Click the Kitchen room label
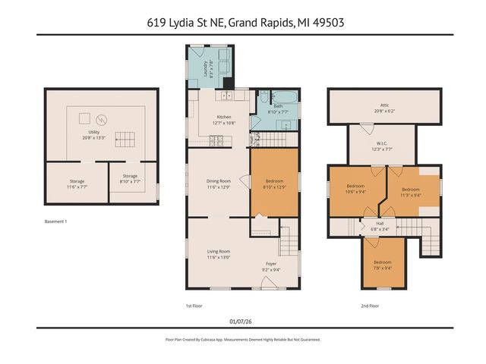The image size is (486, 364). [x=224, y=118]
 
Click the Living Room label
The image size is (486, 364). [x=219, y=254]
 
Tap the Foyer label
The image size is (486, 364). [x=270, y=265]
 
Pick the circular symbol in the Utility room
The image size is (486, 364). [x=104, y=118]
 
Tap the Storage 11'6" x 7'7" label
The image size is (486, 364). [x=77, y=184]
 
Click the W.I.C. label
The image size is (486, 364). [x=381, y=146]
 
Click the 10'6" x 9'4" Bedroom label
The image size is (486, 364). [x=356, y=189]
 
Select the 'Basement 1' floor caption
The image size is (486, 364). [x=56, y=221]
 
